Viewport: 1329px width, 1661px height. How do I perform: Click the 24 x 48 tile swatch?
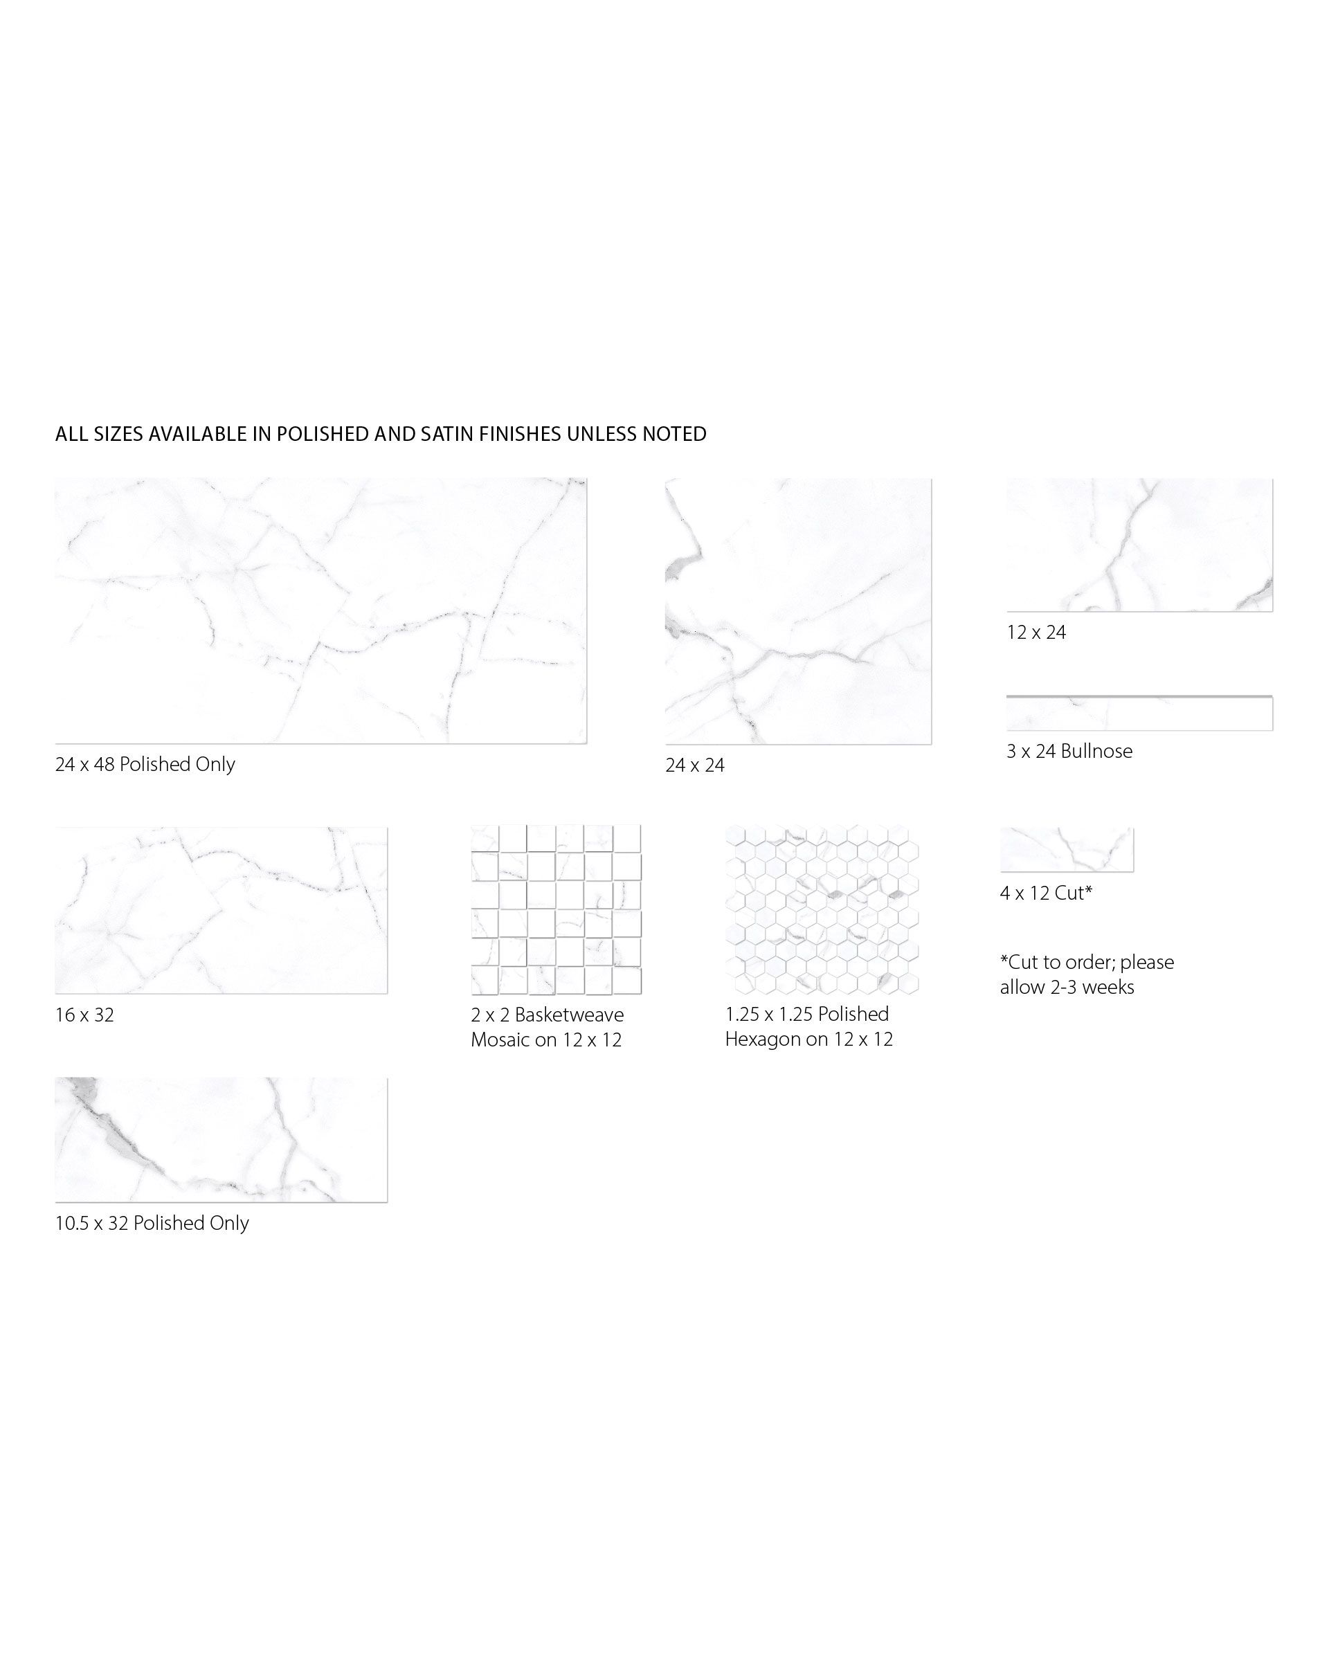320,610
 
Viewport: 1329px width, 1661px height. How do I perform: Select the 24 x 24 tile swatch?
798,611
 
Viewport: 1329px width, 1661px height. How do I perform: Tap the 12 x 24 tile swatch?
1139,545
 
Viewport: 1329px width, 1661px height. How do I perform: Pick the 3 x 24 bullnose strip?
1139,713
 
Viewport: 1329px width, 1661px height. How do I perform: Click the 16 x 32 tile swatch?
221,911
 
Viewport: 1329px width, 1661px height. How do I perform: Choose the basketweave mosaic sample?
557,910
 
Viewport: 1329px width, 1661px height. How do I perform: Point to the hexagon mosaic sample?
822,910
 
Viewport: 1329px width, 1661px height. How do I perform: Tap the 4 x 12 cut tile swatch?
1067,850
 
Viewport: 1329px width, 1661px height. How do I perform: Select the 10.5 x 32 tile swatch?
221,1139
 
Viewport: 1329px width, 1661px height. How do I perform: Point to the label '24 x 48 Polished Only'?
145,764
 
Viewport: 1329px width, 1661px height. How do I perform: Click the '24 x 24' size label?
695,765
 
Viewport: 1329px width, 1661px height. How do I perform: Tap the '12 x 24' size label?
1036,633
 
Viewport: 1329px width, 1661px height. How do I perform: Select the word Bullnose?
1096,751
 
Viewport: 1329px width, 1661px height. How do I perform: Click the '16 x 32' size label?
84,1015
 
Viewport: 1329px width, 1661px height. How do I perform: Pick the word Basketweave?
570,1015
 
